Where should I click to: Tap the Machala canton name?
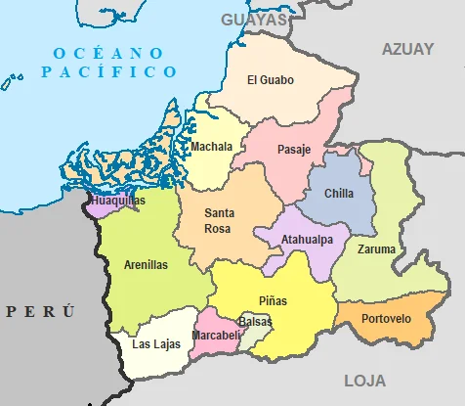point(212,148)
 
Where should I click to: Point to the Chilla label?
point(339,194)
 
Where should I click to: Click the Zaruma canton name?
point(377,249)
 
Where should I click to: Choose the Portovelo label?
point(386,319)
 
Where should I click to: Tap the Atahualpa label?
point(307,240)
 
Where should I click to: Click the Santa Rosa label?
point(219,220)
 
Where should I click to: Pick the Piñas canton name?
point(274,299)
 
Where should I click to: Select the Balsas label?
point(255,321)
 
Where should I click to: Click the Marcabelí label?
point(216,336)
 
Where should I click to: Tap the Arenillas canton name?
point(146,264)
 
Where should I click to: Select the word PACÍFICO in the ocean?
point(109,72)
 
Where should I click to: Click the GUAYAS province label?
point(255,20)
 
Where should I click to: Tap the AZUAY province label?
point(407,49)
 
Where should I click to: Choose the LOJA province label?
point(364,381)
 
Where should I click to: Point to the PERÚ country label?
point(40,311)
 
